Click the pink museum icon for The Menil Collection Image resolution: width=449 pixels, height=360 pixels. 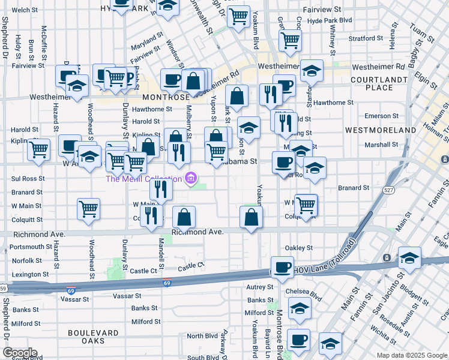click(x=191, y=178)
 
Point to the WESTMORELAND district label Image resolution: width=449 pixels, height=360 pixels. click(x=381, y=130)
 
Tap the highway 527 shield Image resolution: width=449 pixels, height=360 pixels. click(x=389, y=190)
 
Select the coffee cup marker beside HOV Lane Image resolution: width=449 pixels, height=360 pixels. click(x=282, y=267)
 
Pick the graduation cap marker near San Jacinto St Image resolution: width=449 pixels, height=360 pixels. click(x=409, y=258)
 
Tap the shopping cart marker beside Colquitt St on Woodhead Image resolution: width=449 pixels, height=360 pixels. click(x=88, y=209)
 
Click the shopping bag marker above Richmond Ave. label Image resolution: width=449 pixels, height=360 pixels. click(x=184, y=218)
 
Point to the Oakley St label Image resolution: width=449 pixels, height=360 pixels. click(x=298, y=247)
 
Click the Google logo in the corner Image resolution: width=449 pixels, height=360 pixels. click(x=19, y=353)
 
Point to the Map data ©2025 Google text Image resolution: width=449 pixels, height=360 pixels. click(x=412, y=355)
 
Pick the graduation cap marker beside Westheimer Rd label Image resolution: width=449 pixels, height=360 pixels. click(x=312, y=71)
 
